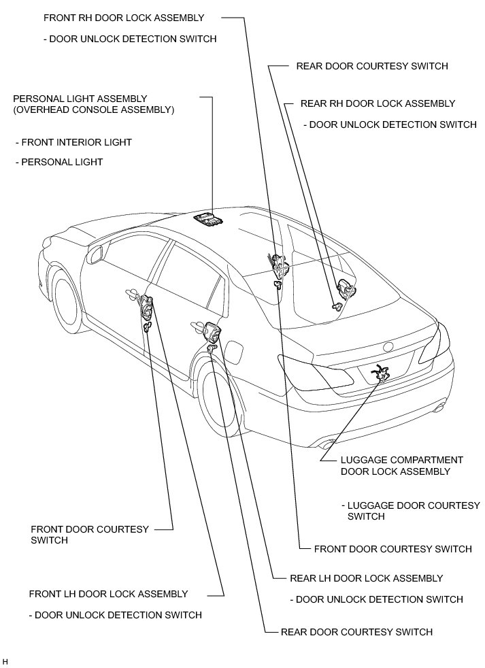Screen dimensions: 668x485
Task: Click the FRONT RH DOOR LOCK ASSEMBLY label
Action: (123, 17)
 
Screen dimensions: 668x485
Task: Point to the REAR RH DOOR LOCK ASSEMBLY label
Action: (378, 103)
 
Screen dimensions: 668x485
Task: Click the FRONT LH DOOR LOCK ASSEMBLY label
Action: (108, 594)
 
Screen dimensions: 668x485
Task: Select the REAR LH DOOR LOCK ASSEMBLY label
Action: (366, 578)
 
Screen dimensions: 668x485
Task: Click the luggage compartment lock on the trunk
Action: (379, 373)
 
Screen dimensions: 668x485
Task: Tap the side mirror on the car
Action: (95, 254)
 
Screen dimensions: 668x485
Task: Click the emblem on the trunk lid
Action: (388, 345)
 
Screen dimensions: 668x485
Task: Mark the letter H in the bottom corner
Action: (5, 661)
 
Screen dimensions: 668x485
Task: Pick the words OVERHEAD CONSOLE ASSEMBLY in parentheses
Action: (94, 109)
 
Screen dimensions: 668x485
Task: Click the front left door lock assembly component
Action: (146, 310)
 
